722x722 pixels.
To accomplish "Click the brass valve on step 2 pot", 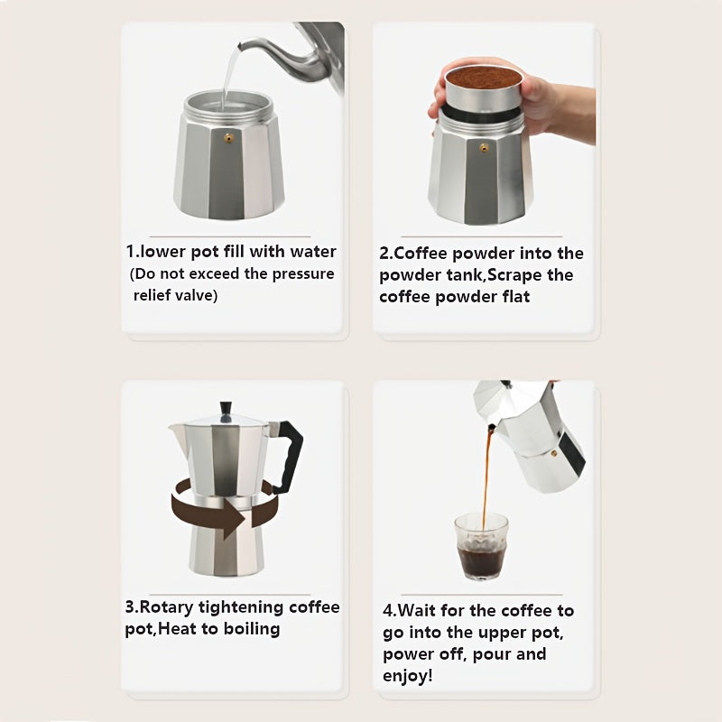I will coord(483,147).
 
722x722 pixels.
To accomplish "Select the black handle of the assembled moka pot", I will coord(290,456).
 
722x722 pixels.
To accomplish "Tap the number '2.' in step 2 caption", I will coord(385,254).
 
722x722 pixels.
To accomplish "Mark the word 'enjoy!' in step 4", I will coord(408,675).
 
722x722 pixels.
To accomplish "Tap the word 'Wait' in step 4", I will coord(417,611).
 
